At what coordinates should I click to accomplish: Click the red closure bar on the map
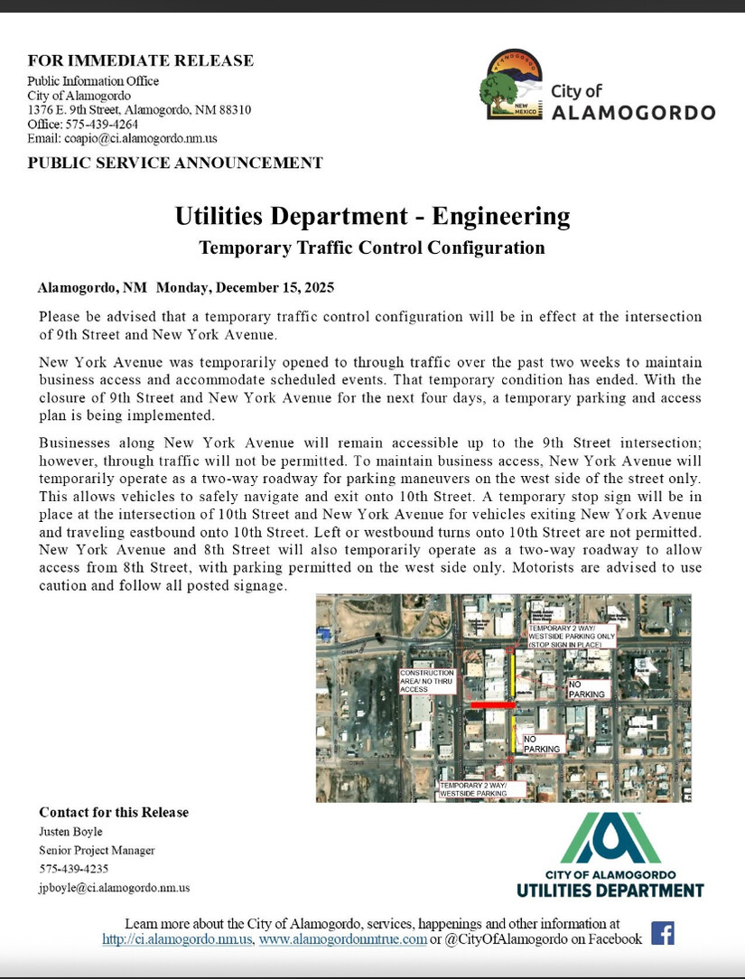pos(489,704)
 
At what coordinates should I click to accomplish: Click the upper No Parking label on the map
pos(586,690)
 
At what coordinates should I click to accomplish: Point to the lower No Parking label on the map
pos(542,743)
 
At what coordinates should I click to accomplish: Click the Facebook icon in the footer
pos(663,933)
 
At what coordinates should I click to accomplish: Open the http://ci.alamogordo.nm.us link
pos(179,939)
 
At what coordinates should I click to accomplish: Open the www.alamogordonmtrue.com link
pos(342,939)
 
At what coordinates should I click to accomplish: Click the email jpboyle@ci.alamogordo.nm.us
pos(114,888)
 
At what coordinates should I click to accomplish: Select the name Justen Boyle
pos(70,831)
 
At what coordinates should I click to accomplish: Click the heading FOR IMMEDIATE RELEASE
pos(140,61)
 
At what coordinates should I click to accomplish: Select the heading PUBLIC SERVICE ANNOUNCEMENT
pos(174,163)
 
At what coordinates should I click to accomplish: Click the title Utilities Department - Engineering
pos(372,217)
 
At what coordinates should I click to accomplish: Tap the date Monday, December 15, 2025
pos(245,288)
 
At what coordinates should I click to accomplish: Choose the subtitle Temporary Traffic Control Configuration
pos(372,247)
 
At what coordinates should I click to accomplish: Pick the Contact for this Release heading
pos(114,812)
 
